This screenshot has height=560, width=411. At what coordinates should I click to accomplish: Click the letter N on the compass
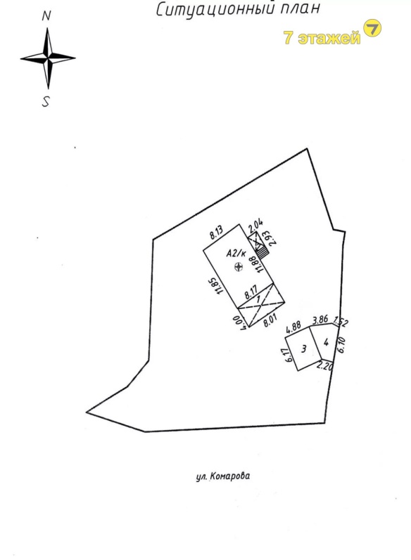tap(46, 16)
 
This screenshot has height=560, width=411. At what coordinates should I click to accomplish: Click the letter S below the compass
tap(46, 102)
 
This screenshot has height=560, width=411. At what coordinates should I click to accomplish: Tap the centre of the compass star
tap(48, 58)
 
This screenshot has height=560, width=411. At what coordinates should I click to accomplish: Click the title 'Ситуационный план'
tap(237, 9)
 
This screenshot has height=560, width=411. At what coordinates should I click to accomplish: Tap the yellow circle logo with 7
tap(372, 28)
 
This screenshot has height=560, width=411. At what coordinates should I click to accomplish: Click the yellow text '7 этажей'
tap(322, 37)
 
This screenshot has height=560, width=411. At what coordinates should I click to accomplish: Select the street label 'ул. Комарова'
tap(223, 476)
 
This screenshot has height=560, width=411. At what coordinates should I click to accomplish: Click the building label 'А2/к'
tap(236, 254)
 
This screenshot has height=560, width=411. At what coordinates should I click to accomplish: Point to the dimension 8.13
tap(217, 232)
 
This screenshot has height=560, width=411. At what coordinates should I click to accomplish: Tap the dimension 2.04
tap(255, 225)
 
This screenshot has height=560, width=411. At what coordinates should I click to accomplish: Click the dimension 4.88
tap(293, 327)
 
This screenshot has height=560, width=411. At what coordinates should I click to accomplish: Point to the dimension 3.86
tap(320, 319)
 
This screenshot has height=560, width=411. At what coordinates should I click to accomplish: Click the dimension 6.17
tap(289, 355)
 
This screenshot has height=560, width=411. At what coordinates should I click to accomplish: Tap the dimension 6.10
tap(341, 345)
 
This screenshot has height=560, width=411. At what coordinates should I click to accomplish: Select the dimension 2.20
tap(325, 366)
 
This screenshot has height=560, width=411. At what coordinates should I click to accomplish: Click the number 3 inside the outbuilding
tap(304, 349)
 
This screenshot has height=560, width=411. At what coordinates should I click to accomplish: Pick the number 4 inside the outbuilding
tap(326, 342)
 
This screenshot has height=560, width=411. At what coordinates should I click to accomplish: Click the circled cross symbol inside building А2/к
tap(239, 266)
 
